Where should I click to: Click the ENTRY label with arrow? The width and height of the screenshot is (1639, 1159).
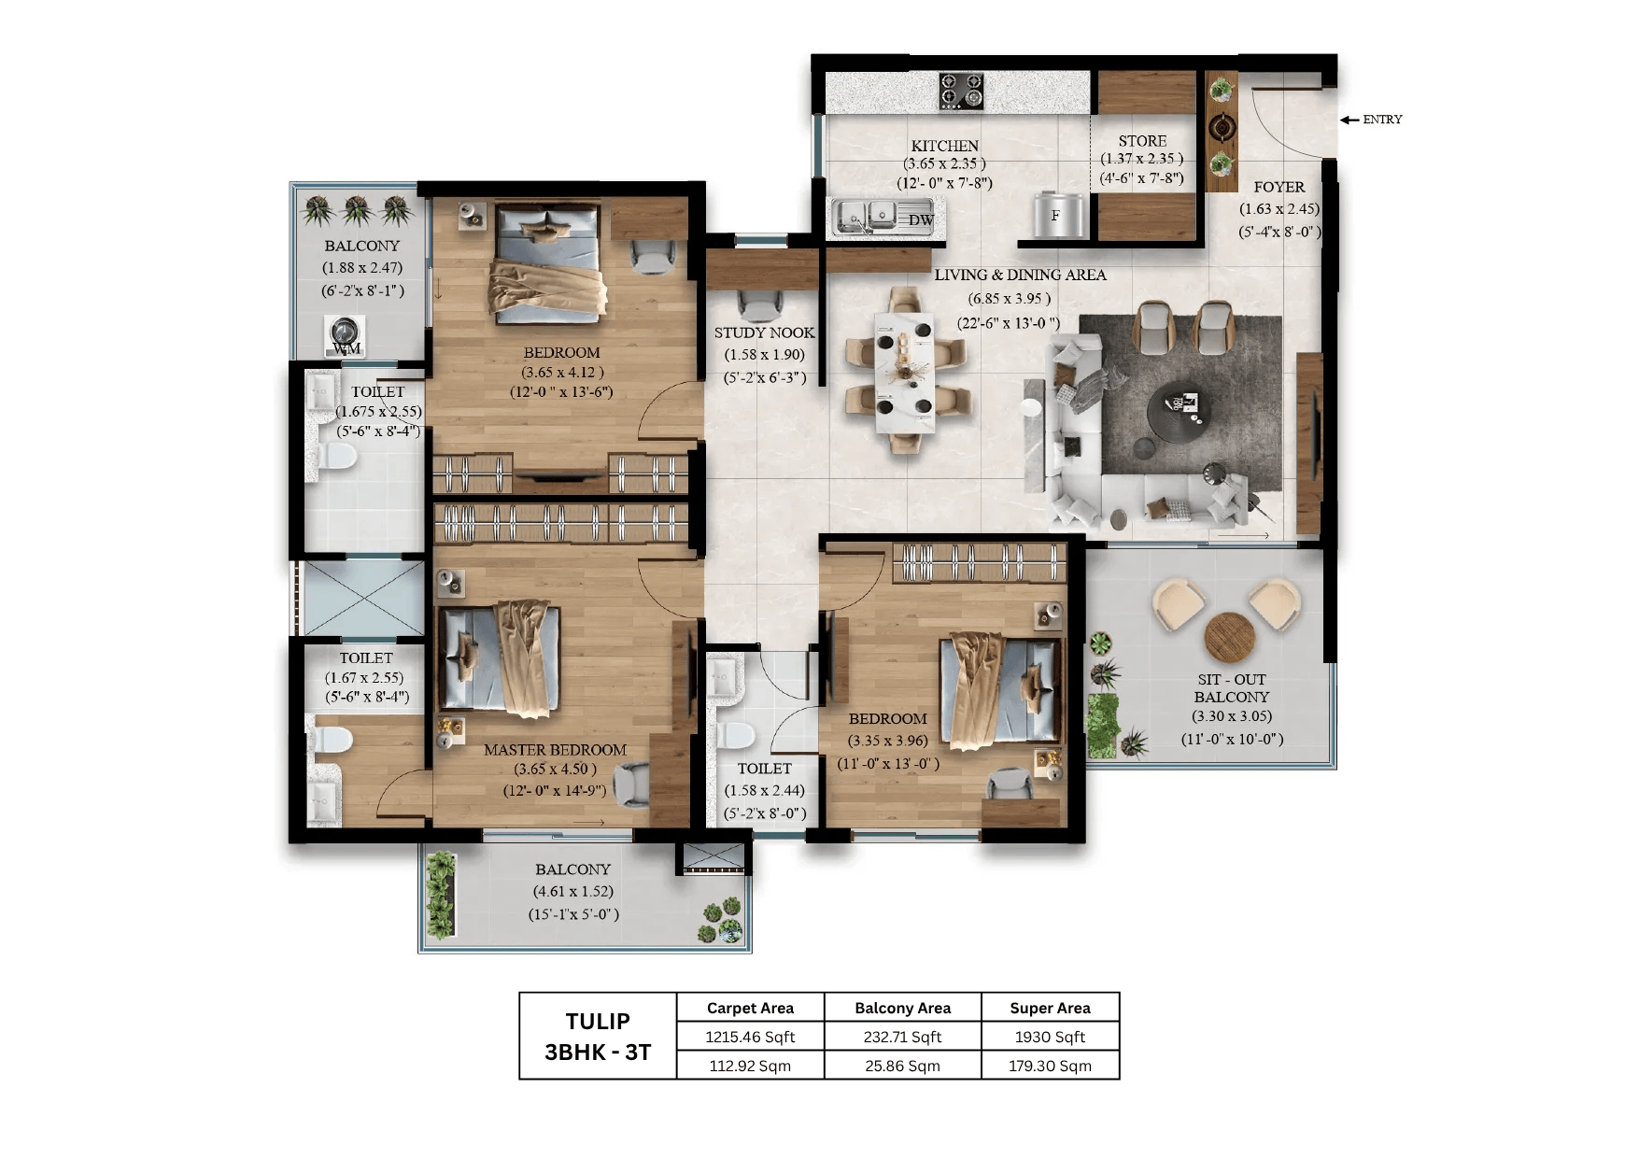point(1373,120)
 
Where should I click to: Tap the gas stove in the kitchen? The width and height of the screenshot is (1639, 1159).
point(961,92)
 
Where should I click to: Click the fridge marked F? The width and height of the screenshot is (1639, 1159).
point(1058,215)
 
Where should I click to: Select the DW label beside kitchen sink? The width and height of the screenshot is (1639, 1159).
point(921,220)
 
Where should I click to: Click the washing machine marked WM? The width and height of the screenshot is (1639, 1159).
point(345,336)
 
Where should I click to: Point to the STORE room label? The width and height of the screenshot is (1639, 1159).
point(1142,141)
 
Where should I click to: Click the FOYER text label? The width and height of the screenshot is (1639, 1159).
point(1279,187)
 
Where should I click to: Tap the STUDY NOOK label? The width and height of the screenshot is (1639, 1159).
point(764,332)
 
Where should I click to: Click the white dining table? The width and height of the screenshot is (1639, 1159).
point(903,372)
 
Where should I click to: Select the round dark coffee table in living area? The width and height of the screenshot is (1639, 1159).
point(1184,412)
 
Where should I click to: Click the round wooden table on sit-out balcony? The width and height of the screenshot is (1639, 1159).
point(1229,637)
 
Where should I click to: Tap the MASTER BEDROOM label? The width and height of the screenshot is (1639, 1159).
point(555,750)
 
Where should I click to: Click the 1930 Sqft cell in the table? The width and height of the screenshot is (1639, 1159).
point(1050,1037)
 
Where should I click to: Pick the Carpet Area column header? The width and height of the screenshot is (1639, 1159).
point(750,1008)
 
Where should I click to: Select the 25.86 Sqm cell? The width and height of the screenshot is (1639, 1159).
point(902,1066)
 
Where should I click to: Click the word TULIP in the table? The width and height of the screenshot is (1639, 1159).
point(598,1021)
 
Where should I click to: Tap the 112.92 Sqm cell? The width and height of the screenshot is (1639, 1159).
point(750,1066)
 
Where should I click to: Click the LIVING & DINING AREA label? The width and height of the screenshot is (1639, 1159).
point(1020,275)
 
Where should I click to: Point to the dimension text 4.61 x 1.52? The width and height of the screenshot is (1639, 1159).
point(572,891)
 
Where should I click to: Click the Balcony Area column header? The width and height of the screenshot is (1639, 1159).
point(902,1008)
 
